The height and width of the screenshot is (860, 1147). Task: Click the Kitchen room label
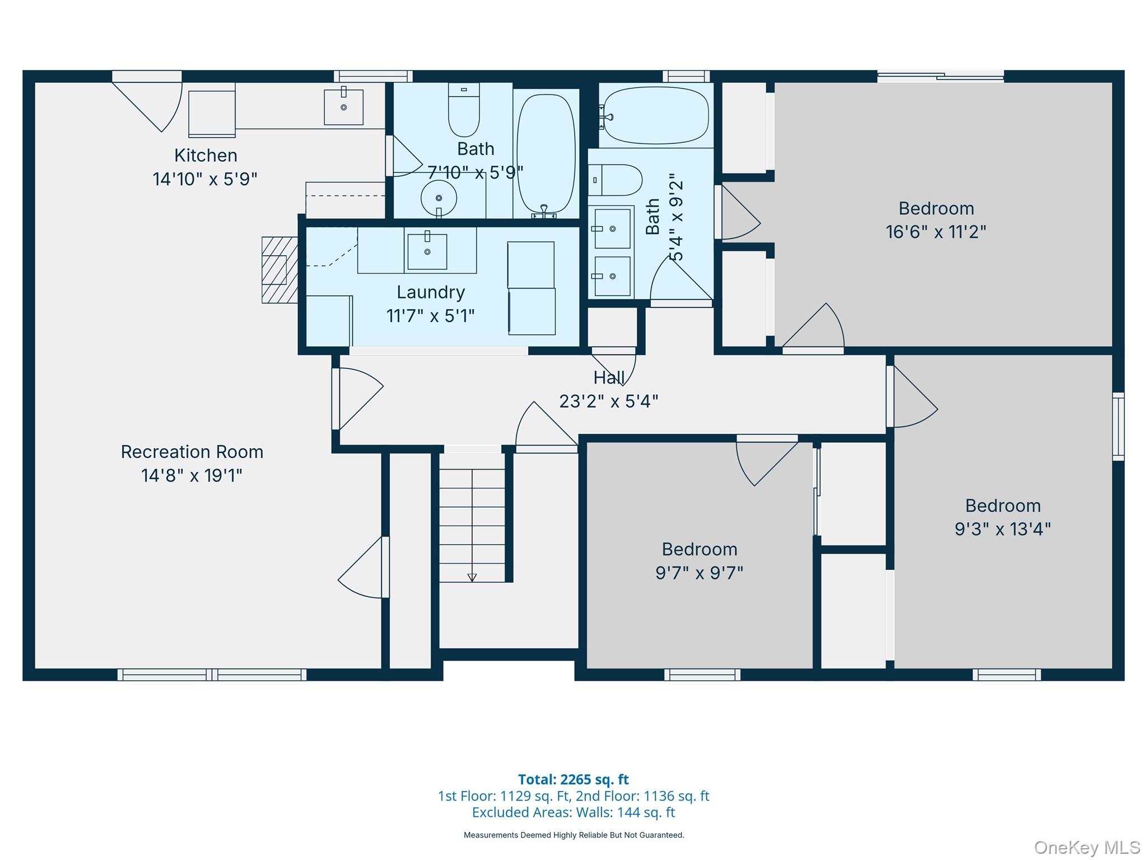click(206, 155)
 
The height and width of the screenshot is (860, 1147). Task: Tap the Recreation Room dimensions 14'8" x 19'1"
click(192, 475)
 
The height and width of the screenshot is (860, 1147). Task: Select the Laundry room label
click(431, 292)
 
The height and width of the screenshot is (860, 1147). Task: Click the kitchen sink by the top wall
click(343, 106)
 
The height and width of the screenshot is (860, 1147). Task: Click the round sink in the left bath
click(439, 198)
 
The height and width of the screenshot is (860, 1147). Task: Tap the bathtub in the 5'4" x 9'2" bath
click(656, 116)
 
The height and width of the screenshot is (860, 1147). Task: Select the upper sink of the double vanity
click(612, 228)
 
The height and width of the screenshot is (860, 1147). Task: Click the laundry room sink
click(427, 251)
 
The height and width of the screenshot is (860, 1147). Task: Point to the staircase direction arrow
click(472, 577)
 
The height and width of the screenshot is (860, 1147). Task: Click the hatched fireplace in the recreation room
click(279, 270)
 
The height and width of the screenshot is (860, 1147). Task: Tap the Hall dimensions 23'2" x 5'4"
click(609, 401)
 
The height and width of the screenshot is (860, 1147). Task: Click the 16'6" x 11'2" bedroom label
click(936, 208)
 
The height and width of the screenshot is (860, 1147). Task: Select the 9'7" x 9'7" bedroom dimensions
click(699, 573)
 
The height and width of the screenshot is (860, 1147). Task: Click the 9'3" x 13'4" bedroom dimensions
click(1003, 529)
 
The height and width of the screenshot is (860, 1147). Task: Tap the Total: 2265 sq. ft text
click(573, 779)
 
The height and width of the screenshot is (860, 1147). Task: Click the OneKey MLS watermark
click(1087, 848)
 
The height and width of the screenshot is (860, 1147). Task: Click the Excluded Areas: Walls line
click(573, 812)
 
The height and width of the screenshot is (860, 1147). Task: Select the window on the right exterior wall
click(1118, 427)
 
